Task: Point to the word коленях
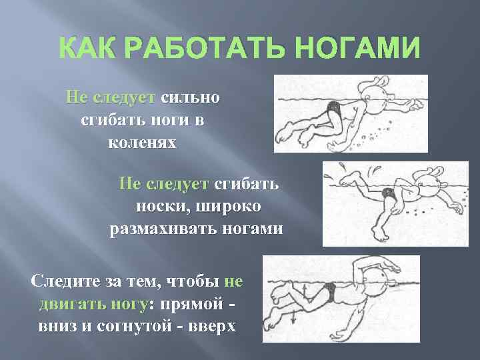tap(142, 142)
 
